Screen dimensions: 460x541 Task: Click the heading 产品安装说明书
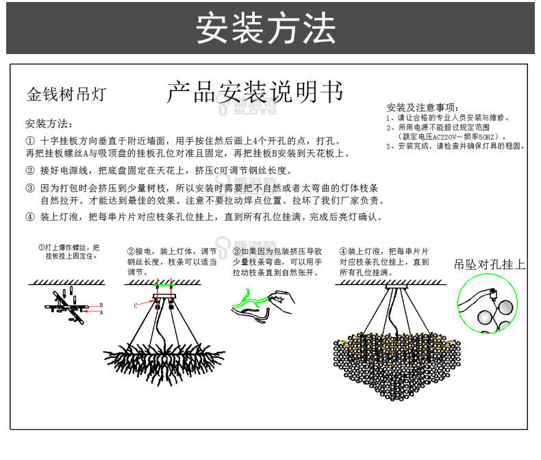tap(255, 92)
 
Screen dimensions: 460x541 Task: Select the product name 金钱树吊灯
tap(66, 94)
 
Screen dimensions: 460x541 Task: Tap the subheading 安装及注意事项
tap(422, 107)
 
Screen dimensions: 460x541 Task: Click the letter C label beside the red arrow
tap(136, 305)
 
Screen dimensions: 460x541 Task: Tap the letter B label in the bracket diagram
tap(101, 305)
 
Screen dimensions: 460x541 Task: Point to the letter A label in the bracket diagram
tap(101, 311)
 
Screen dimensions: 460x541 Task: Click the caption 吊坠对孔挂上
tap(490, 264)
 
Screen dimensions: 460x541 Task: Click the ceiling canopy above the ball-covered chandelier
tap(394, 288)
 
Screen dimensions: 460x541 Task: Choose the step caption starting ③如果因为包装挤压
tap(277, 261)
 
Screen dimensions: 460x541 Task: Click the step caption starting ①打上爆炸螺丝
tap(68, 251)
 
